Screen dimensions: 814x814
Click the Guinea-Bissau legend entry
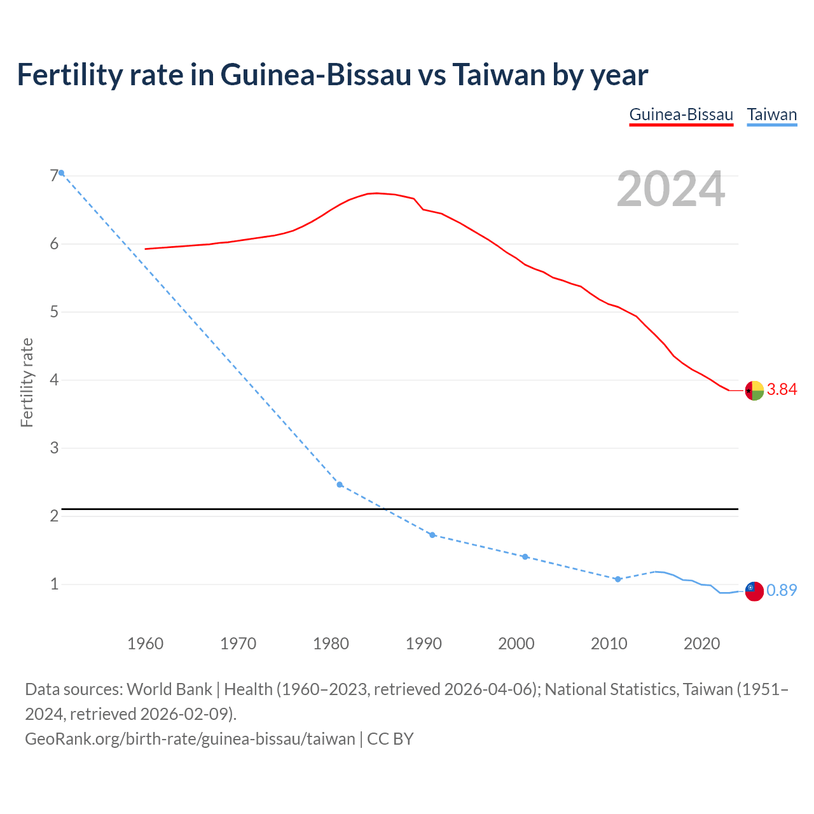(681, 115)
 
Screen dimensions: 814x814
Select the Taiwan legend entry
(771, 115)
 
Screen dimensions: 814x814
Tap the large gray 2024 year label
(670, 189)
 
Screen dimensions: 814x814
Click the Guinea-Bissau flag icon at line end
(754, 390)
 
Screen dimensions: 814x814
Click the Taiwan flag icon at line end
(754, 591)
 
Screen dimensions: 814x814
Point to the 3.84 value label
(782, 390)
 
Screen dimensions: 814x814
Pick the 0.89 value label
(782, 591)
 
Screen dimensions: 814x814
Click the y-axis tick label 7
(54, 176)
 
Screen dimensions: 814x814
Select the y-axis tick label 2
(54, 516)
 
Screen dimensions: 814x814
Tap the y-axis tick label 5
(54, 312)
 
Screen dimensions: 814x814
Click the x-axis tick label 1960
(145, 644)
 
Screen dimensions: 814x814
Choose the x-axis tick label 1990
(424, 644)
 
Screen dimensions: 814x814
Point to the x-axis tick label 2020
(701, 644)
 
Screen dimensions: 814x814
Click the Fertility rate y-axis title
(27, 382)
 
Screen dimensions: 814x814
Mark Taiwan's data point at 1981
(340, 485)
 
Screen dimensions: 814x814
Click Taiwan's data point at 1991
(432, 535)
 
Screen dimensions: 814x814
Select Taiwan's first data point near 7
(61, 173)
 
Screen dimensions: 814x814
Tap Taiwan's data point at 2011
(617, 579)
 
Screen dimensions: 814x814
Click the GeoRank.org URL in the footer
(190, 739)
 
